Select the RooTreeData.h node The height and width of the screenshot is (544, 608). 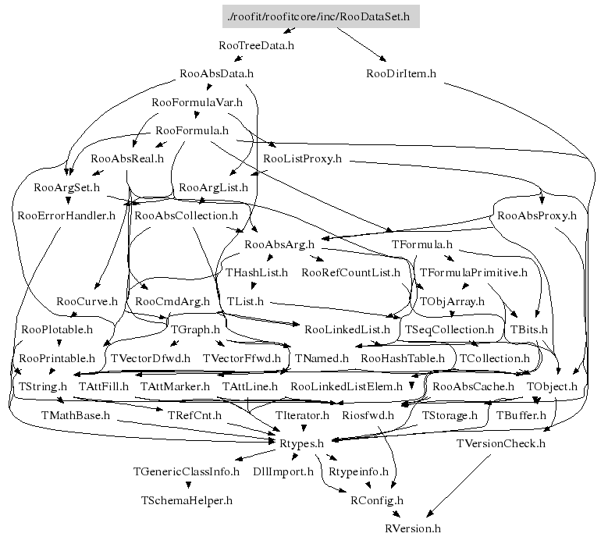(x=257, y=45)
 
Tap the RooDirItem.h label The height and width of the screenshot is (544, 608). (x=400, y=74)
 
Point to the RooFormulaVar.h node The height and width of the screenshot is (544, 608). (x=197, y=102)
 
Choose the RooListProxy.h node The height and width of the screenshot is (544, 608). (x=303, y=158)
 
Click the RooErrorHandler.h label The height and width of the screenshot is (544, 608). (x=66, y=215)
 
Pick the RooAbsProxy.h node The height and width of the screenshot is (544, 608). (x=536, y=215)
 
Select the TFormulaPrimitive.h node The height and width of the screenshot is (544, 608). (x=474, y=273)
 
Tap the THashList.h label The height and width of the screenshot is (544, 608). (x=257, y=273)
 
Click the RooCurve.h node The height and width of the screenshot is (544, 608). (x=87, y=301)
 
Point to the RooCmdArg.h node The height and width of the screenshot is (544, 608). (x=172, y=301)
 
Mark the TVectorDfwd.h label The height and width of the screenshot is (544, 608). (x=151, y=358)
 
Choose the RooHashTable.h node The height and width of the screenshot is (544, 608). (x=402, y=358)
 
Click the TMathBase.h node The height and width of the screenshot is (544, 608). (x=76, y=415)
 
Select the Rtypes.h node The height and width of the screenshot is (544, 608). (x=301, y=443)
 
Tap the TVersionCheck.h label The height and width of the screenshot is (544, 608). (x=500, y=443)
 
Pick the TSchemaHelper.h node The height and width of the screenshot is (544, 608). (x=187, y=500)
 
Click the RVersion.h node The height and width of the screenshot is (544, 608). (x=413, y=528)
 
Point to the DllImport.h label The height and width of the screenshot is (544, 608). (x=283, y=471)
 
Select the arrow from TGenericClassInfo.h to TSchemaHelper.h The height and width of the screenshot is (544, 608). (x=187, y=485)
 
